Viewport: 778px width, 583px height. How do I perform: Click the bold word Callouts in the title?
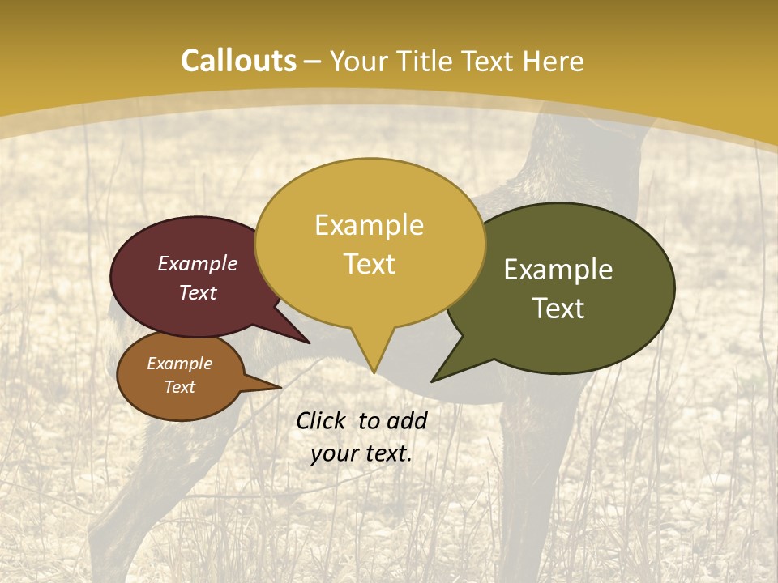tap(238, 61)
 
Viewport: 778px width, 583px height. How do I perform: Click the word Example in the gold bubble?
tap(369, 224)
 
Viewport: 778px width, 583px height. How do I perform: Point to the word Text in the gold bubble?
tap(369, 263)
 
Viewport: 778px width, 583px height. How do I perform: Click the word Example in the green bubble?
tap(558, 270)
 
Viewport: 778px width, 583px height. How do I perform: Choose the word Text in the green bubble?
tap(558, 308)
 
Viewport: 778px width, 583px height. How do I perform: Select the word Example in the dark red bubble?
tap(197, 263)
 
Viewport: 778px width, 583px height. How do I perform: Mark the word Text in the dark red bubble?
tap(197, 292)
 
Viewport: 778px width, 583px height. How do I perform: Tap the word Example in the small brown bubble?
tap(179, 364)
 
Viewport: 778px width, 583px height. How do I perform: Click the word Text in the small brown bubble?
tap(179, 387)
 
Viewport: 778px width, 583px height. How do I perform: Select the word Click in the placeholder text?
tap(323, 420)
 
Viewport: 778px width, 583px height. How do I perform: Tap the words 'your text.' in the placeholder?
tap(361, 454)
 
